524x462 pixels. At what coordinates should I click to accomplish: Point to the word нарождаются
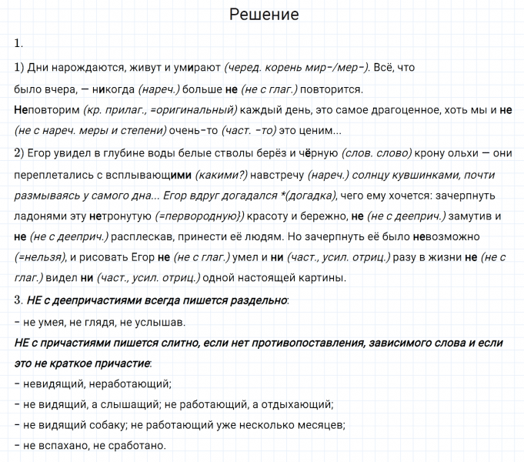(x=82, y=67)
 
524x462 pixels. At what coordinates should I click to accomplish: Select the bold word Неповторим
(x=46, y=109)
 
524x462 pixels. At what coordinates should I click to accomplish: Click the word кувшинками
(x=426, y=174)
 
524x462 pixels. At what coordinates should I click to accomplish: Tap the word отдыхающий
(x=299, y=402)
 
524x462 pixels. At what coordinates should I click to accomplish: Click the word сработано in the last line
(x=133, y=445)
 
